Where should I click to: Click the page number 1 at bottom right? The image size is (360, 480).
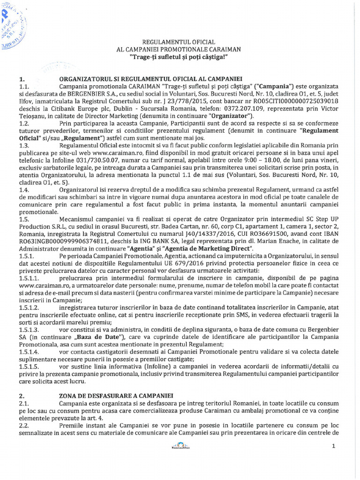coord(333,446)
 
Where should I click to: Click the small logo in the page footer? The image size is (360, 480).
coord(180,446)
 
